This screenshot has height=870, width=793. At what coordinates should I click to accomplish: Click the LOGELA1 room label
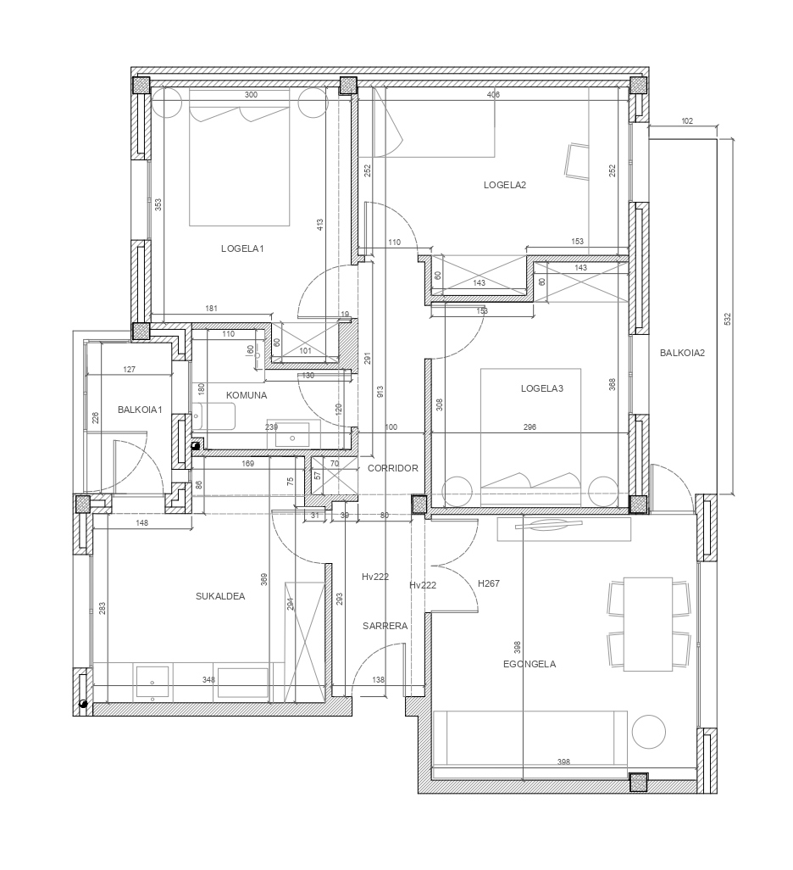click(x=242, y=248)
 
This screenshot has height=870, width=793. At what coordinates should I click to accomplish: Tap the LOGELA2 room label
click(x=505, y=186)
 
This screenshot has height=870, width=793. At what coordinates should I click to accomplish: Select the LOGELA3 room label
click(x=541, y=388)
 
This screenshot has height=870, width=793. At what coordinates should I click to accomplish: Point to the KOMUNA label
click(x=247, y=396)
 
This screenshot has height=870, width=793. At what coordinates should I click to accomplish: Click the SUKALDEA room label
click(x=220, y=596)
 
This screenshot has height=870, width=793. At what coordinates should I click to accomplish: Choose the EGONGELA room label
click(x=529, y=664)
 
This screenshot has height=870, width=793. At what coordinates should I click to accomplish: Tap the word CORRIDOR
click(x=392, y=468)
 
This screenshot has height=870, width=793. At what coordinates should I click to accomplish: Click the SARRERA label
click(x=385, y=626)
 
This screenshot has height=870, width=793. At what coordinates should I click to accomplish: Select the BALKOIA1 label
click(x=140, y=410)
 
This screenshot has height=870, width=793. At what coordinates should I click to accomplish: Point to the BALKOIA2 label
click(x=682, y=353)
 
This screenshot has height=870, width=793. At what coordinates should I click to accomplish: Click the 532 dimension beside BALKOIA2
click(x=728, y=319)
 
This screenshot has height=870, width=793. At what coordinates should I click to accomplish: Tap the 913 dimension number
click(x=380, y=393)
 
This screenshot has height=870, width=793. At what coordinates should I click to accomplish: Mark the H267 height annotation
click(x=489, y=583)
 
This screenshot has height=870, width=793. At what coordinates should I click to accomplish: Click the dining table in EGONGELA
click(x=648, y=624)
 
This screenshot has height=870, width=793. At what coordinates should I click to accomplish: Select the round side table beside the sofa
click(x=648, y=732)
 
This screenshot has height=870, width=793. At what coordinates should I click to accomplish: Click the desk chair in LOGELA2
click(x=577, y=161)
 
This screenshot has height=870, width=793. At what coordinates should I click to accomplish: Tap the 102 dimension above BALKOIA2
click(x=686, y=121)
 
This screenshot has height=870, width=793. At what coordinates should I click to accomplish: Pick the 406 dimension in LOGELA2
click(x=493, y=95)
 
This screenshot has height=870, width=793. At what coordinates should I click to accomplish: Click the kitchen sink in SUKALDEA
click(x=152, y=683)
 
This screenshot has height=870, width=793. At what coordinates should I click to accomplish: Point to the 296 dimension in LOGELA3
click(x=530, y=427)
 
